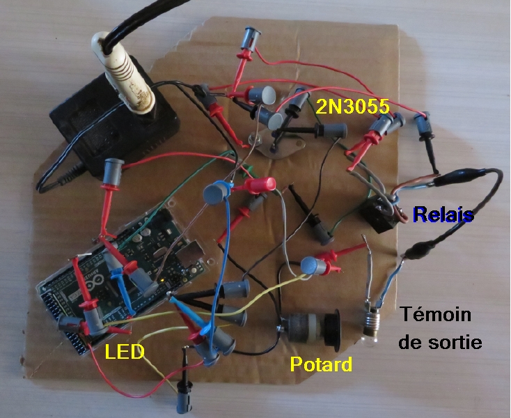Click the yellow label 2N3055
click(x=352, y=107)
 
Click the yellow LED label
click(x=125, y=353)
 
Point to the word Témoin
click(x=436, y=315)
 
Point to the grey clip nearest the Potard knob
click(x=314, y=265)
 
